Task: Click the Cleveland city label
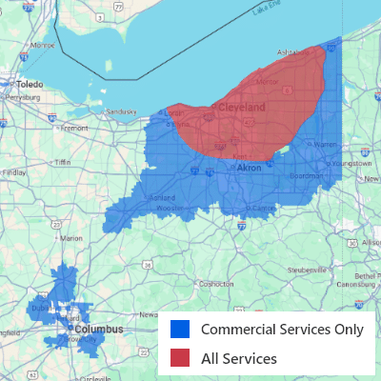242,109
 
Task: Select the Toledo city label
30,84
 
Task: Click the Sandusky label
123,111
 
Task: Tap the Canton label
264,208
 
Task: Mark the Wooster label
170,208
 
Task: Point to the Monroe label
43,45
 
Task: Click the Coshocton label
214,284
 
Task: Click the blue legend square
179,330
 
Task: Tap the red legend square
179,358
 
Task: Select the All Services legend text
239,358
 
